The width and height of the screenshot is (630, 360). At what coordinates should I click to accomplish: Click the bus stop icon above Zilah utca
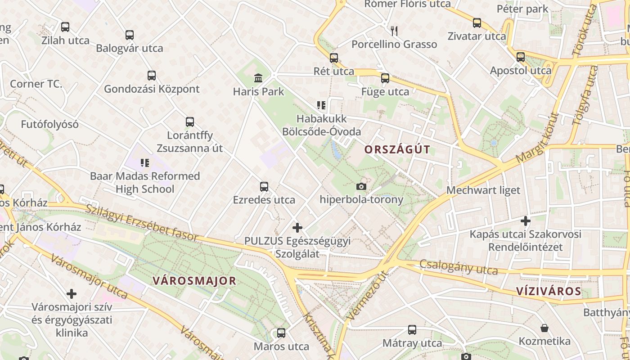65,27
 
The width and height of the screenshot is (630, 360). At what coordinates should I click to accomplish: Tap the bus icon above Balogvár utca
130,35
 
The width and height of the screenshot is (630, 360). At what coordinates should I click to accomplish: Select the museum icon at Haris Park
258,78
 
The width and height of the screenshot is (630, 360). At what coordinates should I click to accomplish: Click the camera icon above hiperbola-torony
361,186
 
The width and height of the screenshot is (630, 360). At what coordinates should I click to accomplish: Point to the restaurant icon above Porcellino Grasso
394,31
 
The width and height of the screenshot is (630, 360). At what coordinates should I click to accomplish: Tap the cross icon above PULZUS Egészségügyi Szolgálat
297,228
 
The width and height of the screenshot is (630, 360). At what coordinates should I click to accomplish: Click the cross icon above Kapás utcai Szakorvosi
525,221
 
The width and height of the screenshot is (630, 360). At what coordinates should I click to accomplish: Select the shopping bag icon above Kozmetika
544,328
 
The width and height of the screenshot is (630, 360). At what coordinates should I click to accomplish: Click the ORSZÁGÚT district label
397,150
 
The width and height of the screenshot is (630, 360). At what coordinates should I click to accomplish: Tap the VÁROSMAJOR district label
194,281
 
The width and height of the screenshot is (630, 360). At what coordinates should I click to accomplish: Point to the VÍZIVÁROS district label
549,291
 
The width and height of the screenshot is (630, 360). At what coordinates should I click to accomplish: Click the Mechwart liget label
483,190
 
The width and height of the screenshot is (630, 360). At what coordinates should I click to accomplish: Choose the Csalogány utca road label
459,267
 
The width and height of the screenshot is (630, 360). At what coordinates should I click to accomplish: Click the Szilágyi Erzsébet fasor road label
141,223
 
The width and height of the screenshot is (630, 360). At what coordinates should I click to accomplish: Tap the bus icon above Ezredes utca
264,187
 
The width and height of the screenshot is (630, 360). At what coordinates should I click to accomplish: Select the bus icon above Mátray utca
412,330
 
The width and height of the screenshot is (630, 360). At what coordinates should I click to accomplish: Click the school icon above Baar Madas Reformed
144,162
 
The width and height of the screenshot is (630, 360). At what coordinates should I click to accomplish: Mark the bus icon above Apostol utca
521,57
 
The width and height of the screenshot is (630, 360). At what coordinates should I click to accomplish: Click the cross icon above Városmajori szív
72,294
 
